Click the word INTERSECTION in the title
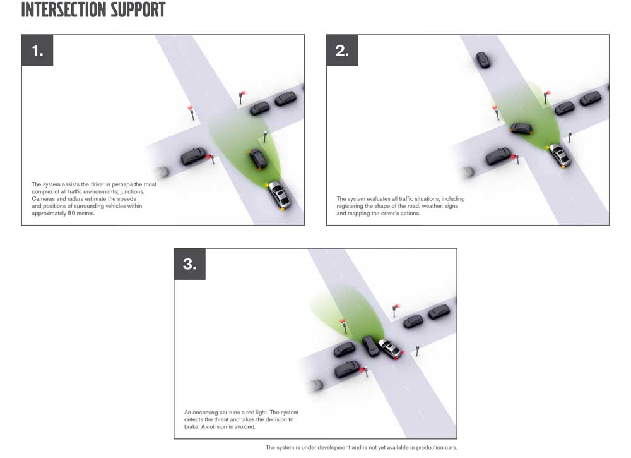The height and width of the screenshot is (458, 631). coord(64,9)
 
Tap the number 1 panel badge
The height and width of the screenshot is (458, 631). coord(37,51)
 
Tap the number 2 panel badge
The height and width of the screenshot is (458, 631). coord(342,51)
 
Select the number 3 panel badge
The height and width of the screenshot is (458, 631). coord(189,264)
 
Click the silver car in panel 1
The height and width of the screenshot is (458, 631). coord(279,195)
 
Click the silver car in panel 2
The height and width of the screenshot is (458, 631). coord(559,155)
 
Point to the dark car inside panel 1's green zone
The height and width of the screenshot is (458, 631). coord(258,159)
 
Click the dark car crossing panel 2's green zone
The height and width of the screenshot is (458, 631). coord(521,128)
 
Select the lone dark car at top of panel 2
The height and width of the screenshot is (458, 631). coord(483,59)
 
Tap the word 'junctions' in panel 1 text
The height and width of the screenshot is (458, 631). coord(132,192)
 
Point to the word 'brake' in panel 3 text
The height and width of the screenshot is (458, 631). coord(192,427)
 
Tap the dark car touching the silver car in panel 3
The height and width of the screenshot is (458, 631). coord(370,346)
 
